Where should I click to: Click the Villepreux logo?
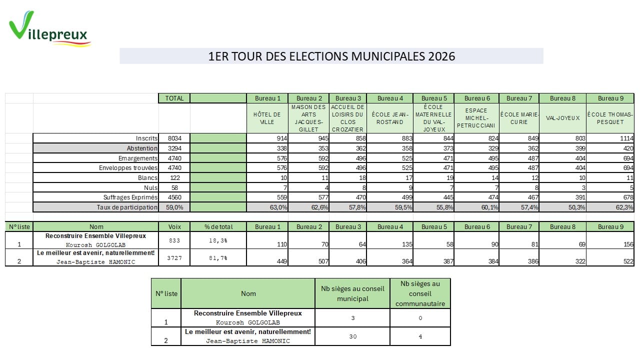click(x=49, y=30)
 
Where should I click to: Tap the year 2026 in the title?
click(x=441, y=56)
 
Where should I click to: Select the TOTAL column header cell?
click(x=174, y=98)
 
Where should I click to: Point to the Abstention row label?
click(x=142, y=148)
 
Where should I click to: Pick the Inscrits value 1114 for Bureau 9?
click(x=624, y=138)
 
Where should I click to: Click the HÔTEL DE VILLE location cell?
click(x=267, y=118)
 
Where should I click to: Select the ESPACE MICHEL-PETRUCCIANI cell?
click(x=476, y=118)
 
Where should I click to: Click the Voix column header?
click(x=174, y=226)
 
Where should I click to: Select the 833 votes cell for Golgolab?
click(x=174, y=240)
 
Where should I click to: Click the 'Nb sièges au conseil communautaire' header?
click(x=420, y=293)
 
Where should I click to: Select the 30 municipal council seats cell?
click(x=352, y=336)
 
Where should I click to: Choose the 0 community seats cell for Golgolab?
click(x=420, y=318)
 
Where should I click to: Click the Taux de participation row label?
click(x=127, y=207)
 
